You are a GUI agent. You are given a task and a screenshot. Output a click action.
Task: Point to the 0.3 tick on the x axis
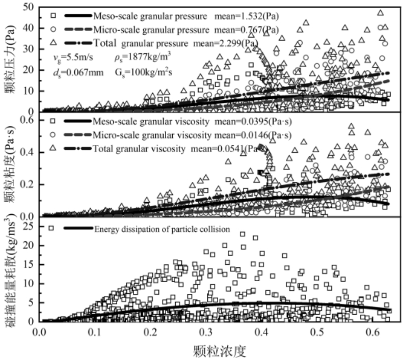206,333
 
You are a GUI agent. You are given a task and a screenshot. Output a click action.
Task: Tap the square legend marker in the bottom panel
50,228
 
